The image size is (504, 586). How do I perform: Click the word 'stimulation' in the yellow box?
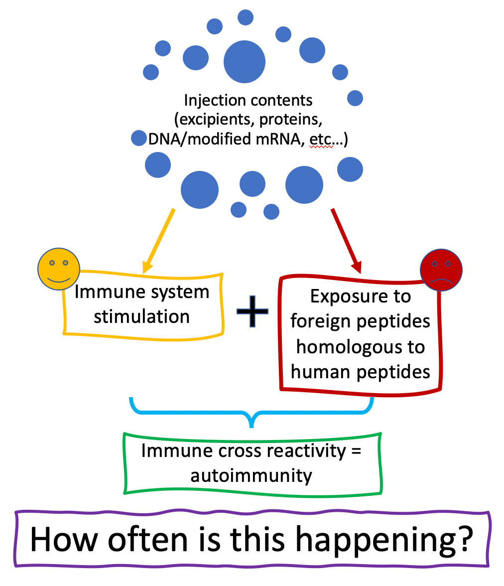142,316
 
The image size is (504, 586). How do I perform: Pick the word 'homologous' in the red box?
361,346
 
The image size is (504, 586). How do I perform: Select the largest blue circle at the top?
245,62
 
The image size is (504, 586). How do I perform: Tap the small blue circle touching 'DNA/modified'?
138,138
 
